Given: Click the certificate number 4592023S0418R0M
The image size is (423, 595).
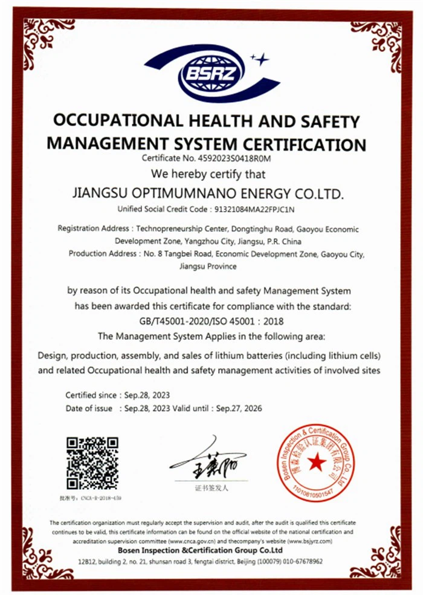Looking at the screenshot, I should tap(232, 159).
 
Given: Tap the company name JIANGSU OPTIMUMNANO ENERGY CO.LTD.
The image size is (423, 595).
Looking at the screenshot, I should tap(207, 194).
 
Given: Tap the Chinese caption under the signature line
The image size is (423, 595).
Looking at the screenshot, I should tap(211, 487).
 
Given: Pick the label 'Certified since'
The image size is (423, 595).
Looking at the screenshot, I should tap(91, 395).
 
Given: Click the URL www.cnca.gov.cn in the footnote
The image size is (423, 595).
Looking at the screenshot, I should tap(192, 541).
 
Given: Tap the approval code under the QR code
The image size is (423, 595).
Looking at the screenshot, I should tap(91, 498).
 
